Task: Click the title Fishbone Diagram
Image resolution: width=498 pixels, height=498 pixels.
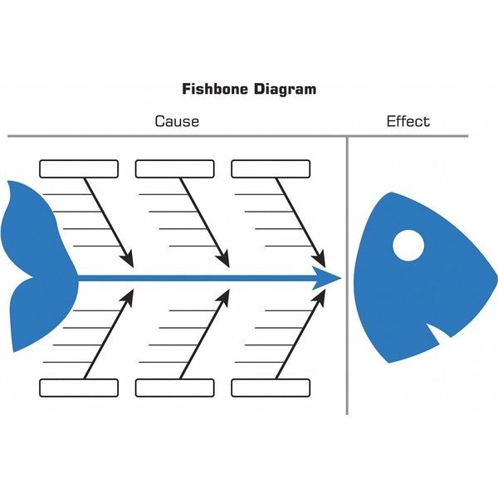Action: [248, 88]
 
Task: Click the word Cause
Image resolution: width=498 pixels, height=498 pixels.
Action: [177, 121]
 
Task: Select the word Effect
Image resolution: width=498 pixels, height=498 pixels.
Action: [408, 121]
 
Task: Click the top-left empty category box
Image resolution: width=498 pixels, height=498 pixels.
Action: [80, 169]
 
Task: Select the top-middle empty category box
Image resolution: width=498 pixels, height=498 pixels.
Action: [175, 169]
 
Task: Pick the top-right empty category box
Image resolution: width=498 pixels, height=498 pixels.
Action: [271, 169]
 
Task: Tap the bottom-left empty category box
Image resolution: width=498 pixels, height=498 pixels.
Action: [80, 388]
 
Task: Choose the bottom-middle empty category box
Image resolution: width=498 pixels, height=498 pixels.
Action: [175, 388]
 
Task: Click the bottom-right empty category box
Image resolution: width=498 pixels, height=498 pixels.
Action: [271, 388]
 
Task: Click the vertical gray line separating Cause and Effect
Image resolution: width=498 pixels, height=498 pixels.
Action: [347, 274]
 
